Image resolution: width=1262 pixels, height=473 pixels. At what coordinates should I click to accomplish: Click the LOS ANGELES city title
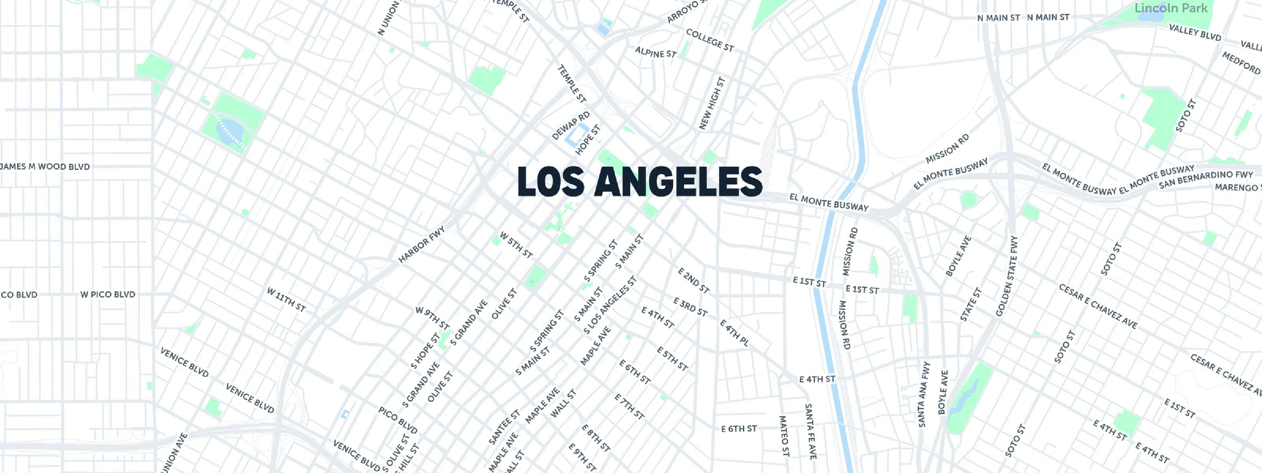[x=639, y=182]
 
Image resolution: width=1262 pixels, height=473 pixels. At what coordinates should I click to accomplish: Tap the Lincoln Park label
[x=1171, y=8]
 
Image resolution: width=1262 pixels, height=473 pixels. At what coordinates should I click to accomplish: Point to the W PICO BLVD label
[x=108, y=295]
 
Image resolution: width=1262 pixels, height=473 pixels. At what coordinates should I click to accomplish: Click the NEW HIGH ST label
[x=712, y=103]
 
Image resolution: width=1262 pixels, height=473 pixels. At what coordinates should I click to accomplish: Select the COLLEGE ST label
[x=710, y=40]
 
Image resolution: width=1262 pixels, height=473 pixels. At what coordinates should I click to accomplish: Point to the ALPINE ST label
[x=655, y=52]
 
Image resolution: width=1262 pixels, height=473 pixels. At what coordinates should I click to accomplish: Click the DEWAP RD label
[x=571, y=126]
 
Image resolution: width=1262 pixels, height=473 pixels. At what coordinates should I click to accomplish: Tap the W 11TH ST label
[x=286, y=300]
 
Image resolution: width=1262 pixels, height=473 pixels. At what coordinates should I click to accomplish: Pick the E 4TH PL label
[x=734, y=333]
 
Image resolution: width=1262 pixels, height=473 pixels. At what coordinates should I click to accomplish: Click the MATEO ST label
[x=784, y=436]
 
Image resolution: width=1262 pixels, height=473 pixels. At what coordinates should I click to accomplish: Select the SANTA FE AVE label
[x=811, y=431]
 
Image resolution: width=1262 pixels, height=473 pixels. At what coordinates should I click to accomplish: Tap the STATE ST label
[x=971, y=305]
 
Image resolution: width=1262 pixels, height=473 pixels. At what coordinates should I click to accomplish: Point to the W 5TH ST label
[x=516, y=245]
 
